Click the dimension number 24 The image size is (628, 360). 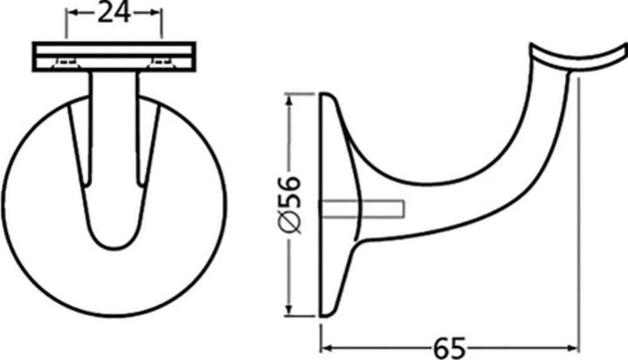[x=114, y=12]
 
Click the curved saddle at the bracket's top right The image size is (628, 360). [x=580, y=57]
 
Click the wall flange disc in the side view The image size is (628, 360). [x=336, y=205]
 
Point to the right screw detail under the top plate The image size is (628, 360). [x=162, y=62]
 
